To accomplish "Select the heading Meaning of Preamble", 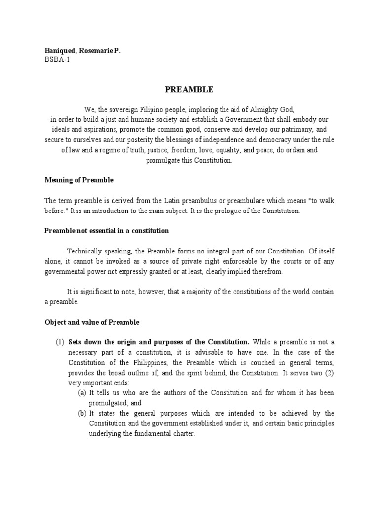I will [x=79, y=180].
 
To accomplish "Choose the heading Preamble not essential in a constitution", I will [x=107, y=231].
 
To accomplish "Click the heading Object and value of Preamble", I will [x=92, y=322].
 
